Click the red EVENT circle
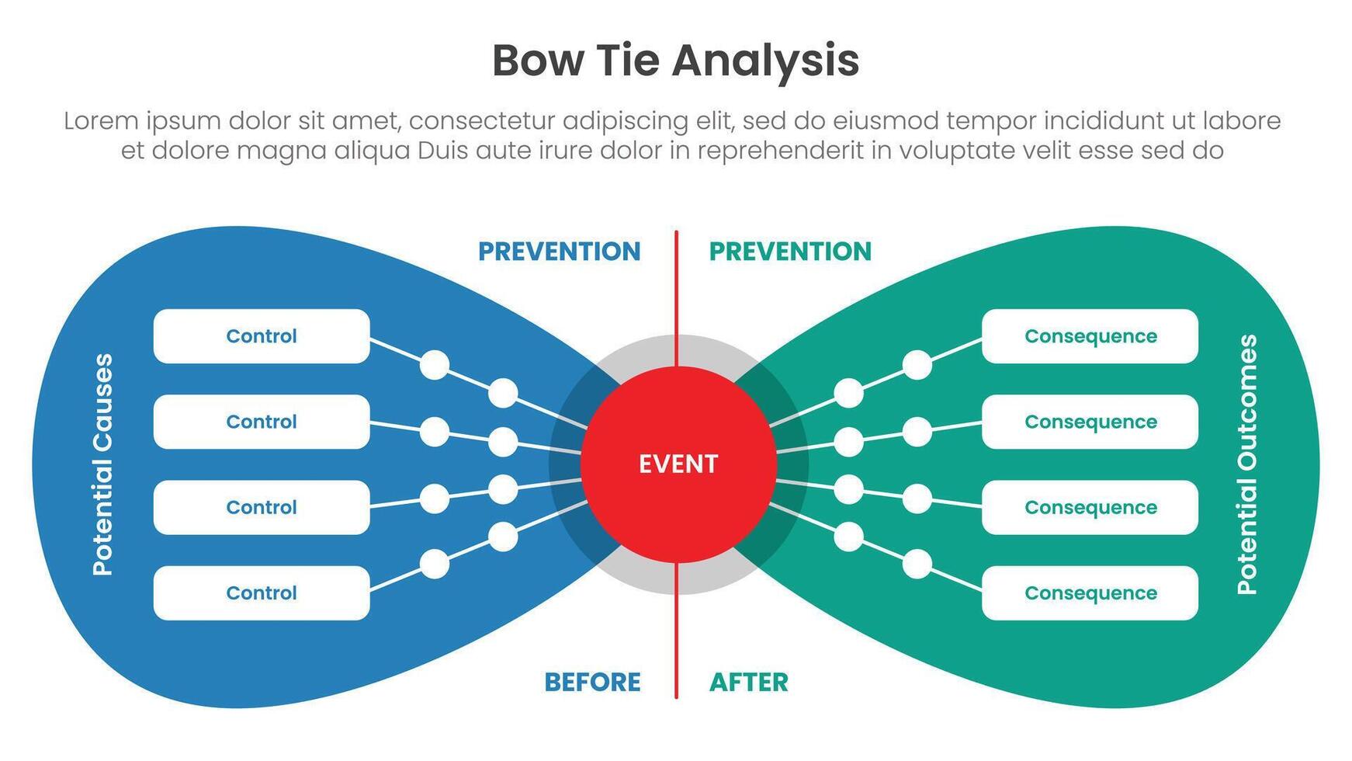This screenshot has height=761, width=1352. (678, 464)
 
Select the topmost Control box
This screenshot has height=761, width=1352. (262, 336)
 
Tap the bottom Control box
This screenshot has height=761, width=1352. (262, 592)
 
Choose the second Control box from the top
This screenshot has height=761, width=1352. (262, 422)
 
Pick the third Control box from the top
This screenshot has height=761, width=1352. (262, 507)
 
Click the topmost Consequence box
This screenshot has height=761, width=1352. (1090, 336)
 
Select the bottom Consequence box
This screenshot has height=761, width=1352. (1090, 592)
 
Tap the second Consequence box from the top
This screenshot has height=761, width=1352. (1090, 422)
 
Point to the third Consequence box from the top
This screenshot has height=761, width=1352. (1090, 507)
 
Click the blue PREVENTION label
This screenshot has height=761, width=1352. (559, 252)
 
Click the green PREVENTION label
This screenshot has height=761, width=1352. (790, 252)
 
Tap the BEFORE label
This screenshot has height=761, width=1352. (592, 682)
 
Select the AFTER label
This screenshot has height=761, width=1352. (748, 682)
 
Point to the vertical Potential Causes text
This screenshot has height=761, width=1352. (102, 464)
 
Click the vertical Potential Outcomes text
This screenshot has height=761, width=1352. (1246, 464)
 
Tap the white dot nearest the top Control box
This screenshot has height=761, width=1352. (435, 364)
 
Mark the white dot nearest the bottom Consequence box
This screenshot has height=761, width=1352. (917, 564)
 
